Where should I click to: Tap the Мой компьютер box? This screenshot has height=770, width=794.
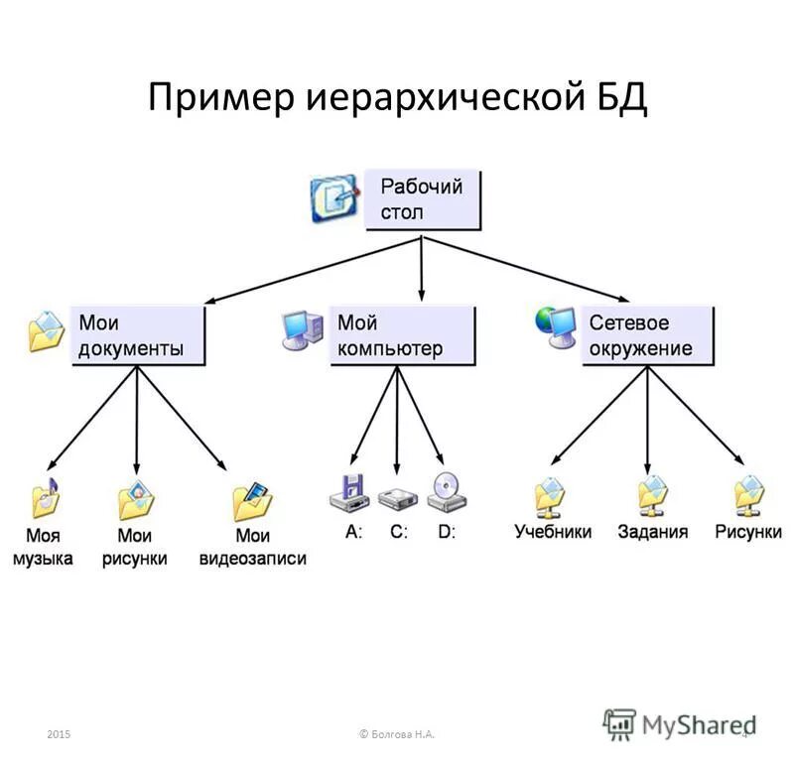pos(402,336)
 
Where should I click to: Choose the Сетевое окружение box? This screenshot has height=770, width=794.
pos(647,336)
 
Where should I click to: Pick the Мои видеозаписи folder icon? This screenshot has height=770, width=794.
pos(252,501)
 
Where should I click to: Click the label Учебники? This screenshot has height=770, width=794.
pos(552,532)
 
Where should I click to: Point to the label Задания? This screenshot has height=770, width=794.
pos(652,532)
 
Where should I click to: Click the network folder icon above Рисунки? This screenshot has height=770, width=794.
pos(748,497)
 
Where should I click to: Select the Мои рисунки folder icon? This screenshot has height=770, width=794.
pos(136,501)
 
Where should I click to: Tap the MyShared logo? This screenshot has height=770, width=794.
pos(681,723)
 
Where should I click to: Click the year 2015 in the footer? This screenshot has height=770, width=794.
pos(59,733)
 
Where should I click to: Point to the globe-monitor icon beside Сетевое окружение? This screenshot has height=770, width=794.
pos(555,328)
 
